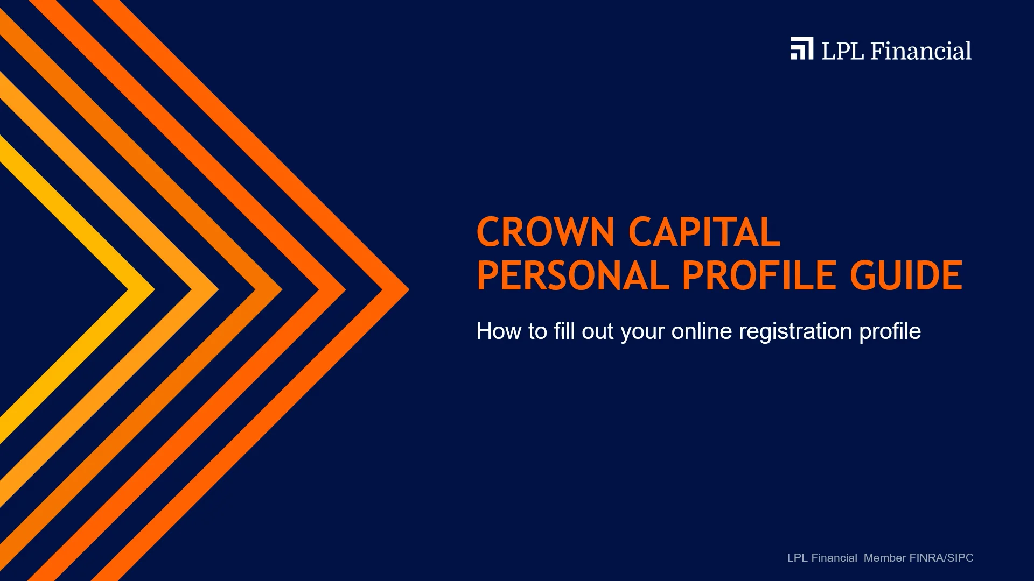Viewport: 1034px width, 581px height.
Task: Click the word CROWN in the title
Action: point(545,232)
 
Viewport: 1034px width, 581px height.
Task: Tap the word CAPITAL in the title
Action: point(704,232)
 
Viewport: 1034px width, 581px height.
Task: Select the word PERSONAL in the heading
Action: point(572,275)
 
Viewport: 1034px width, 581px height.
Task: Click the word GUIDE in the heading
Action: point(906,275)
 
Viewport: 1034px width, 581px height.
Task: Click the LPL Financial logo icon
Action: point(801,48)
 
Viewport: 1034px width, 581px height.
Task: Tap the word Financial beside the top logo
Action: point(920,51)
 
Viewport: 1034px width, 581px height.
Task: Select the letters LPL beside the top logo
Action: point(842,51)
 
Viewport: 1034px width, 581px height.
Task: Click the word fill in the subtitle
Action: point(564,331)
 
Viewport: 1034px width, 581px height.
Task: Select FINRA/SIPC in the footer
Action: point(941,558)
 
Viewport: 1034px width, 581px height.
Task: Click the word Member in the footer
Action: point(885,558)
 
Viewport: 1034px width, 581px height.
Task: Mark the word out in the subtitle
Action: point(597,331)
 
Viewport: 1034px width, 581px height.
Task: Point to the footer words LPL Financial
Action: point(822,558)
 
